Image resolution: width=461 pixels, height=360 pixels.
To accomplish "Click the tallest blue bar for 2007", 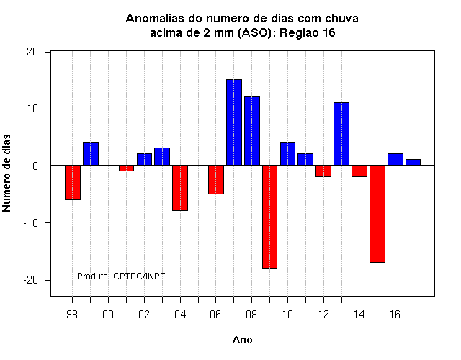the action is [234, 122].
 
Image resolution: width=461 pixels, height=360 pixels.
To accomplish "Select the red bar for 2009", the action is [270, 217].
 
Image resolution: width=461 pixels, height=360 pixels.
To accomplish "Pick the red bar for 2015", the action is [377, 214].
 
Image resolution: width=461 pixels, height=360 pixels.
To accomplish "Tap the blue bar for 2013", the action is [341, 134].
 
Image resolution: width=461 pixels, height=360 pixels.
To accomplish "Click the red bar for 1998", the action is [73, 182].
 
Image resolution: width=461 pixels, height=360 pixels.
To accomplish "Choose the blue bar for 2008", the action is [252, 131].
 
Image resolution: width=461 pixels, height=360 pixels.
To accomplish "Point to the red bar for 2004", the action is [180, 188].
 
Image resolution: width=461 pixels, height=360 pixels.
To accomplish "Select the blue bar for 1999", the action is [91, 153].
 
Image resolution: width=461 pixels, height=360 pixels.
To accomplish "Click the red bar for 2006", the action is [216, 179].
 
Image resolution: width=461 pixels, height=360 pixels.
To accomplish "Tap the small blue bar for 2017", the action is [413, 162].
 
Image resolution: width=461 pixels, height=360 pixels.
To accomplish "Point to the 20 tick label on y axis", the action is [32, 52].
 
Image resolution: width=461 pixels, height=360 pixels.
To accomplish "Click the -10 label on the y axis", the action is [31, 223].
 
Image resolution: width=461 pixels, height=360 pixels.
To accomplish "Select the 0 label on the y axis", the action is [35, 166].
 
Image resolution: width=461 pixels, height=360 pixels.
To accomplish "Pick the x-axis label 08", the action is [251, 315].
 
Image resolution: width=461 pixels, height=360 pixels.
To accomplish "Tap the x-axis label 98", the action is [72, 315].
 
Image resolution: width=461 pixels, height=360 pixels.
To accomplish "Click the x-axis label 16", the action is [395, 315].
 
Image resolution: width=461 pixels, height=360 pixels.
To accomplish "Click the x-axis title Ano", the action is [243, 340].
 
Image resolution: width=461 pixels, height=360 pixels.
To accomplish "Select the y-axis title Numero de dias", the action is [6, 173].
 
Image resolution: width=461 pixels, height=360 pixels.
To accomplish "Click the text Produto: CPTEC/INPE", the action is [121, 276].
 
